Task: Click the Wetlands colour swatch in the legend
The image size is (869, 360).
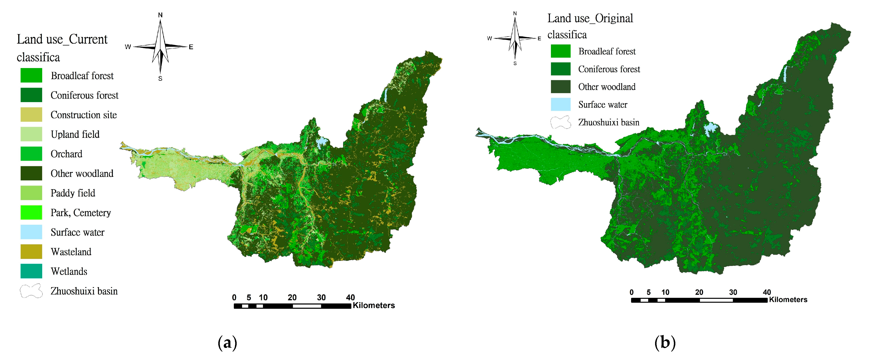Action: coord(31,271)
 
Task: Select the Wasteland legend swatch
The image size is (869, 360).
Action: coord(31,251)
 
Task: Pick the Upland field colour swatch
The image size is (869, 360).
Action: coord(31,134)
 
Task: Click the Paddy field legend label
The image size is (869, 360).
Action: coord(73,193)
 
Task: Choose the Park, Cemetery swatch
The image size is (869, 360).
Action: coord(31,212)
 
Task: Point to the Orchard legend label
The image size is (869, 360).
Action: coord(66,154)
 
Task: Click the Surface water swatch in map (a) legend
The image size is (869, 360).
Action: coord(31,232)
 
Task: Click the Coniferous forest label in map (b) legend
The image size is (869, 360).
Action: coord(609,69)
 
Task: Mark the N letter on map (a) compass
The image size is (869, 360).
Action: coord(160,15)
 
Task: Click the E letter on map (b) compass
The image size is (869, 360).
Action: coord(539,38)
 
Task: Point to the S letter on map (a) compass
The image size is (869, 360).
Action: coord(160,79)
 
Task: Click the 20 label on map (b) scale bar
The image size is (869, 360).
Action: coord(699,292)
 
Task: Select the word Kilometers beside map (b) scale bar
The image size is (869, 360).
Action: coord(788,300)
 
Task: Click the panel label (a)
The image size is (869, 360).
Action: coord(227,343)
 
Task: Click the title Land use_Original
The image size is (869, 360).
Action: coord(590,18)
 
